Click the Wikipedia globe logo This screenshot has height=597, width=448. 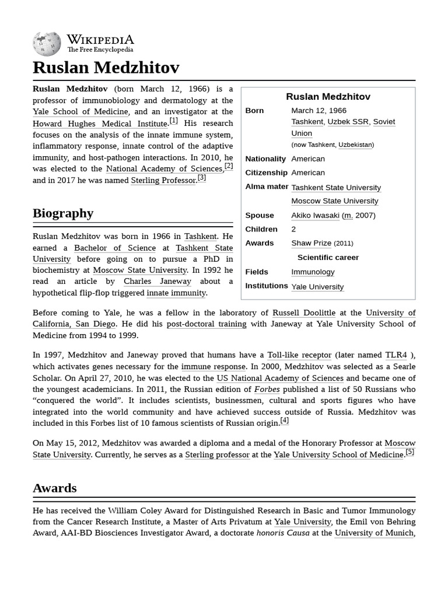tap(47, 44)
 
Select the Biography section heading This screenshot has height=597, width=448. tap(63, 213)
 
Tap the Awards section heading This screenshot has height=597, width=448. tap(55, 488)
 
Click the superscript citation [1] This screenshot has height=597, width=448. tap(174, 121)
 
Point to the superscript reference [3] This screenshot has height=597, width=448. tap(202, 177)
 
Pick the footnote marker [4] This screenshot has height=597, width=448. tap(285, 420)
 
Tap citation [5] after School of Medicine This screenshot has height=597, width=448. tap(410, 452)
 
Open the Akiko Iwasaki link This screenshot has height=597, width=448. tap(315, 215)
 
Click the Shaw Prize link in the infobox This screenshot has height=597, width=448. tap(311, 243)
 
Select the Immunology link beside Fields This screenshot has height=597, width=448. tap(313, 272)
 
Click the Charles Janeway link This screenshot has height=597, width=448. tap(149, 281)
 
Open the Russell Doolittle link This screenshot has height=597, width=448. tap(303, 312)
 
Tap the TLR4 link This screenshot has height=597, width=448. tap(396, 355)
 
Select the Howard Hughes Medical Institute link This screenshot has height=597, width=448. tap(100, 124)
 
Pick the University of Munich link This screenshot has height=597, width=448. tap(374, 533)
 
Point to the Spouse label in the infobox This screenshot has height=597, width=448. tap(260, 215)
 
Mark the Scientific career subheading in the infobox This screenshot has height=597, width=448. tap(328, 257)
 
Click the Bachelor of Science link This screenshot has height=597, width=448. tap(115, 248)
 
